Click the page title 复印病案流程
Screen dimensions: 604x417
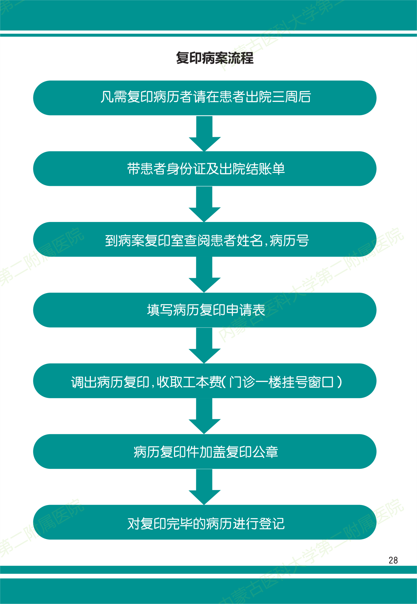[215, 58]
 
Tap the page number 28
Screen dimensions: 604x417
[393, 560]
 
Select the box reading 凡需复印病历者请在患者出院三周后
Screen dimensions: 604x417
[205, 98]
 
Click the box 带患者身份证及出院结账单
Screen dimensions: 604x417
[205, 169]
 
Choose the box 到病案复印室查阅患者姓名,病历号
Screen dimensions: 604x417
[205, 240]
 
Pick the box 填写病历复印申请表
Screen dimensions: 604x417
[205, 310]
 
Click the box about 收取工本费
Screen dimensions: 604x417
[205, 381]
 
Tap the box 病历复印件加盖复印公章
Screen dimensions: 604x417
[205, 452]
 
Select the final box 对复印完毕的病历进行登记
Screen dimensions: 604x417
[205, 522]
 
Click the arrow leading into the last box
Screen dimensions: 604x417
[205, 487]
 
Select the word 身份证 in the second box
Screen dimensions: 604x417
[186, 169]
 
